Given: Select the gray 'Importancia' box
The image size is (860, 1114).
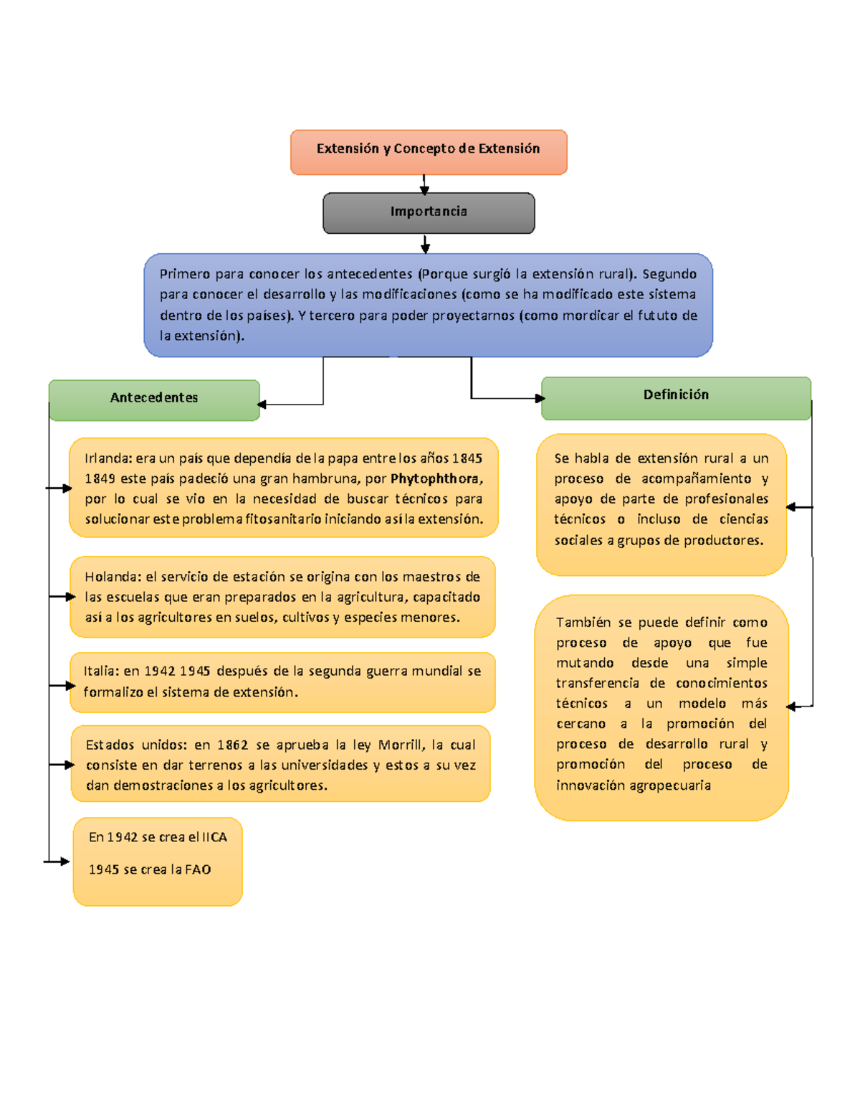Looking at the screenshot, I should coord(429,212).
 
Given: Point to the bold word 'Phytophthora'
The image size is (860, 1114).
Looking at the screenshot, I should coord(435,478).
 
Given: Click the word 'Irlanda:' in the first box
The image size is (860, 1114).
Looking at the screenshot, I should coord(107,458).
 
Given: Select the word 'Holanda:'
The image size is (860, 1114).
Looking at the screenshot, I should coord(113,577).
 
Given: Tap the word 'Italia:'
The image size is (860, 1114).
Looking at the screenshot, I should coord(101,671).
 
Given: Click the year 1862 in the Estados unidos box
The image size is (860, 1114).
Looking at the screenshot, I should coord(232,745).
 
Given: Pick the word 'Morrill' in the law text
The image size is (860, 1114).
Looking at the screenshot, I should coord(399,745).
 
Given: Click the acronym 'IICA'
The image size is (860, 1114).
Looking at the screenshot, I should coord(214,837).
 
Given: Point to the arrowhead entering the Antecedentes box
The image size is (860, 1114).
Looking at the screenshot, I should coord(262,405).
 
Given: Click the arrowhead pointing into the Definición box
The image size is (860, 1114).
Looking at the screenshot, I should coord(539,398).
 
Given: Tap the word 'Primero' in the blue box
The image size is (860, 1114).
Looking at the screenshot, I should coord(185,274).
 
